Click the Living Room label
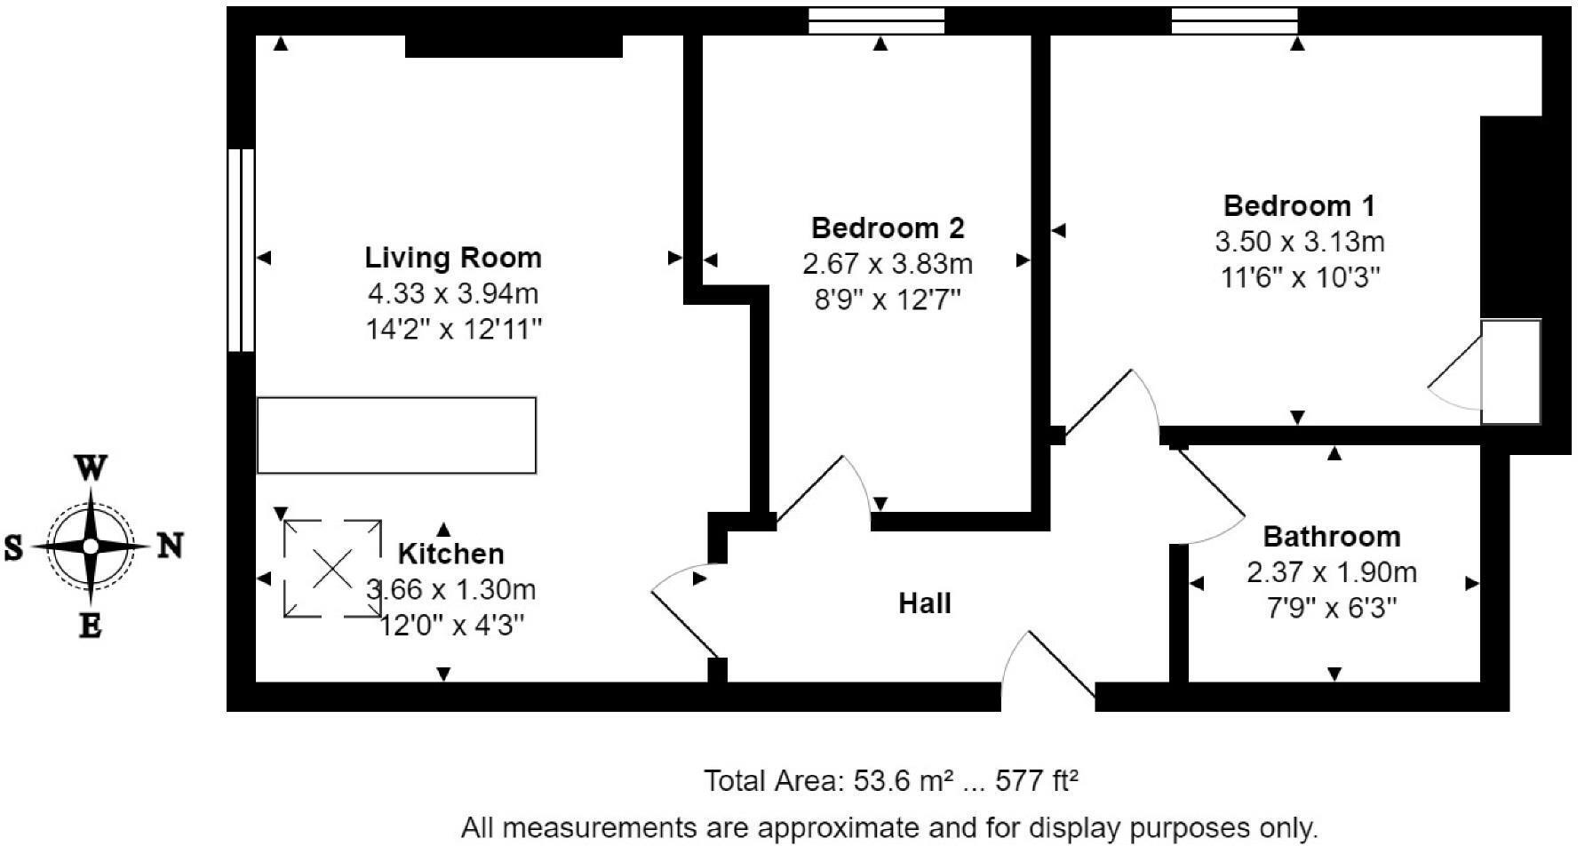(453, 258)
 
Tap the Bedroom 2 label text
(888, 228)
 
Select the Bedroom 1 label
(1299, 206)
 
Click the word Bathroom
(1332, 537)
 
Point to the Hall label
(925, 603)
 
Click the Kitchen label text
(450, 554)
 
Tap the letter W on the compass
(90, 468)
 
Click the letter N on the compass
(170, 546)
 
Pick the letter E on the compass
(90, 626)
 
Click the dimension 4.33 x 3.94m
(453, 293)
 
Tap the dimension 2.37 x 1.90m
(1332, 572)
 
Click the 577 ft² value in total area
(1037, 781)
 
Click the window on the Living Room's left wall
(241, 250)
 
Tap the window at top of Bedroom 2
(876, 20)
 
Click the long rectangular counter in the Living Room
(396, 435)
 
